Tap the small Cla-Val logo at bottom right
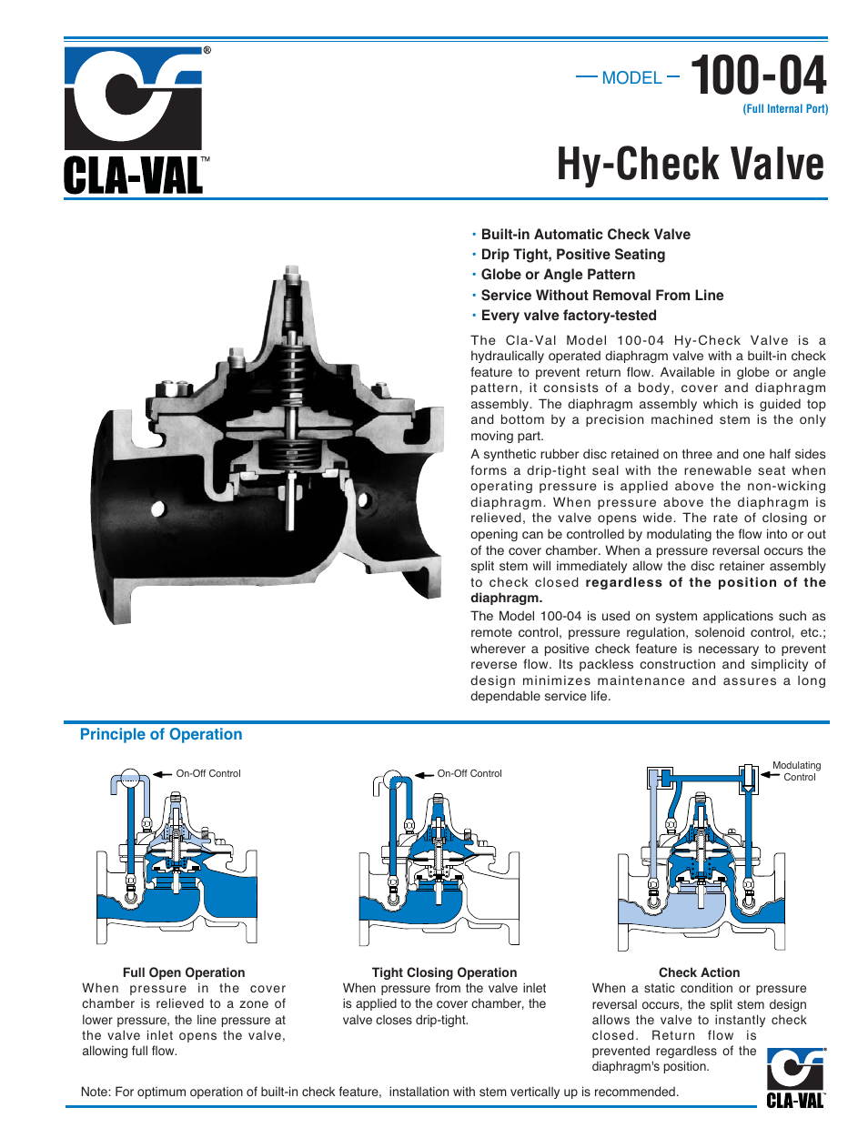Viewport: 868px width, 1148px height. pyautogui.click(x=795, y=1078)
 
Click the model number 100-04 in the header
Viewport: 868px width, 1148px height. pyautogui.click(x=758, y=76)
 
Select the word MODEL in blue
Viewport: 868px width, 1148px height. pyautogui.click(x=631, y=78)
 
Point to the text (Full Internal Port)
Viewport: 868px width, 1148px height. pyautogui.click(x=784, y=109)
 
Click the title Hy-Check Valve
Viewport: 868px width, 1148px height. pyautogui.click(x=690, y=166)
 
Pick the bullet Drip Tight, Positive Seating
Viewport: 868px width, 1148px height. pyautogui.click(x=572, y=255)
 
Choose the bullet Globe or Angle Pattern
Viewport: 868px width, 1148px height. pyautogui.click(x=558, y=275)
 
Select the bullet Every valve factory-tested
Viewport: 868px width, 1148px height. pyautogui.click(x=568, y=316)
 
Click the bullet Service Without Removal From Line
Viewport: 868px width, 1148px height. pyautogui.click(x=601, y=296)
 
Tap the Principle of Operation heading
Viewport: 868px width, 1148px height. pyautogui.click(x=161, y=734)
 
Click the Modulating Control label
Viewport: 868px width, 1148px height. pyautogui.click(x=797, y=771)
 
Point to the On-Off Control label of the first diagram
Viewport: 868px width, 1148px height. pyautogui.click(x=208, y=773)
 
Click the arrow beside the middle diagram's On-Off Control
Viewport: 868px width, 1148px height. pyautogui.click(x=424, y=774)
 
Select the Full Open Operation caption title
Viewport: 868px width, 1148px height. pyautogui.click(x=184, y=972)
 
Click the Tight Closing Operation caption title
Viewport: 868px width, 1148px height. pyautogui.click(x=444, y=972)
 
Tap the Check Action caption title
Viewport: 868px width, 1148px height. pyautogui.click(x=699, y=972)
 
